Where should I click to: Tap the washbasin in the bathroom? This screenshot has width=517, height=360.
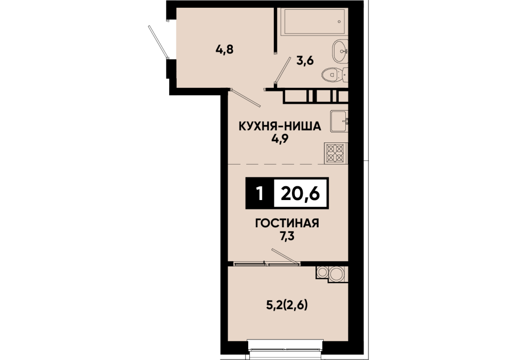click(x=340, y=51)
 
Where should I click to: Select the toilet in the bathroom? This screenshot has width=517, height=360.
click(x=335, y=75)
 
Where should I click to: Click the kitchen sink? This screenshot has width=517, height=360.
click(x=338, y=121)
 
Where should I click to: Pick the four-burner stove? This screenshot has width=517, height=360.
click(x=335, y=153)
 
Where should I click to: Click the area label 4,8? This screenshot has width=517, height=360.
click(x=225, y=50)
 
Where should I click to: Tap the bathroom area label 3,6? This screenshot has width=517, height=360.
click(x=305, y=61)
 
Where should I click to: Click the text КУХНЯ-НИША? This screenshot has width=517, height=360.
click(x=280, y=126)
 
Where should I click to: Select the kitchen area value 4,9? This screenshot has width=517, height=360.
click(x=280, y=139)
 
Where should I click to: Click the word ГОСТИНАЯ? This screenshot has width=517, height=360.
click(x=287, y=223)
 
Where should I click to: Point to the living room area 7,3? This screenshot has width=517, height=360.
click(x=287, y=236)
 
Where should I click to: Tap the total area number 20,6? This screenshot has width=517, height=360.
click(x=300, y=194)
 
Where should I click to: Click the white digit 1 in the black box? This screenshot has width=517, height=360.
click(x=260, y=194)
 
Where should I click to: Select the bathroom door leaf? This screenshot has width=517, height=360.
click(x=283, y=69)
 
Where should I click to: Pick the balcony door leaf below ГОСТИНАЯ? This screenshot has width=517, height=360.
click(x=286, y=257)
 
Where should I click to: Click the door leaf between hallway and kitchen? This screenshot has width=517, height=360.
click(x=246, y=98)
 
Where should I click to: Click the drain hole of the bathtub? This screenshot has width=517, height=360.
click(x=339, y=22)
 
